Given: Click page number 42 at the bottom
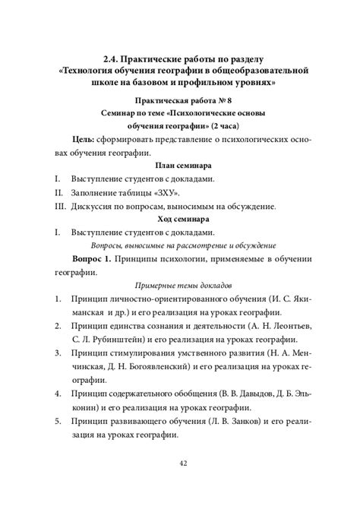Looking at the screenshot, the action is (180, 465).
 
